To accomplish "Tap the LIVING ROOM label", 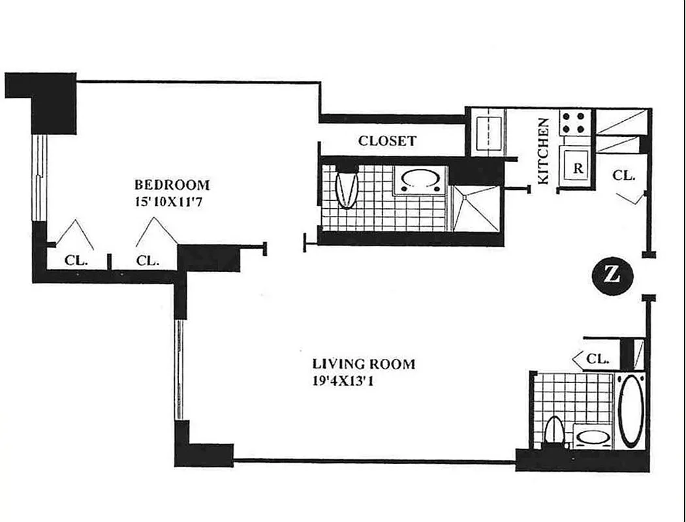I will coord(364,364).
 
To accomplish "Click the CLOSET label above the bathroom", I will coord(387,141).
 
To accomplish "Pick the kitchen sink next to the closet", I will coord(487,133).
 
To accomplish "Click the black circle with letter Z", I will coord(613,275).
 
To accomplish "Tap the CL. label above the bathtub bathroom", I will coord(598,358).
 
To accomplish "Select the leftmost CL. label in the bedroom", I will coord(76,260).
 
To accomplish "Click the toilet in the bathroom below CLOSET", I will coord(347,187).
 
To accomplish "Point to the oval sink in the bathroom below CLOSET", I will coord(420,180).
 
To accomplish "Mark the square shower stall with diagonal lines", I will coord(476,208).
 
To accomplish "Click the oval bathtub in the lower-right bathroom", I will coord(631,410).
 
